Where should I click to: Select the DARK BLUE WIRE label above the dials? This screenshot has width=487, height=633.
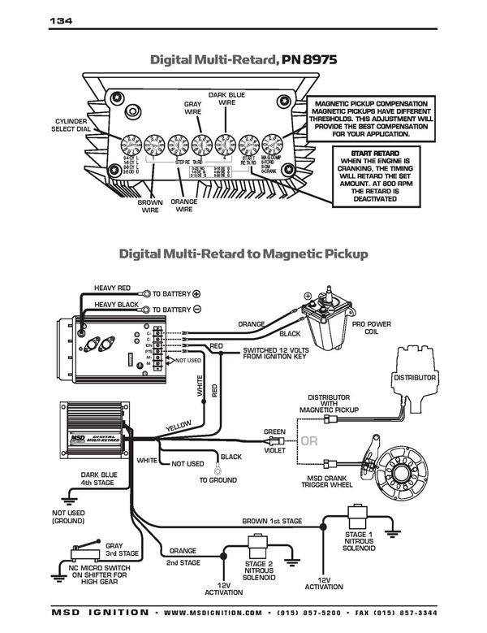click(x=226, y=99)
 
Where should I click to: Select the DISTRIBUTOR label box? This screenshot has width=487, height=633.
click(x=415, y=378)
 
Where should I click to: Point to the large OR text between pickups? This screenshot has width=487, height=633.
click(x=310, y=442)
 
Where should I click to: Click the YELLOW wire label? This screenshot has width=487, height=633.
click(x=179, y=426)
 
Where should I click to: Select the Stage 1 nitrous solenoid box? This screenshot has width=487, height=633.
click(x=356, y=517)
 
